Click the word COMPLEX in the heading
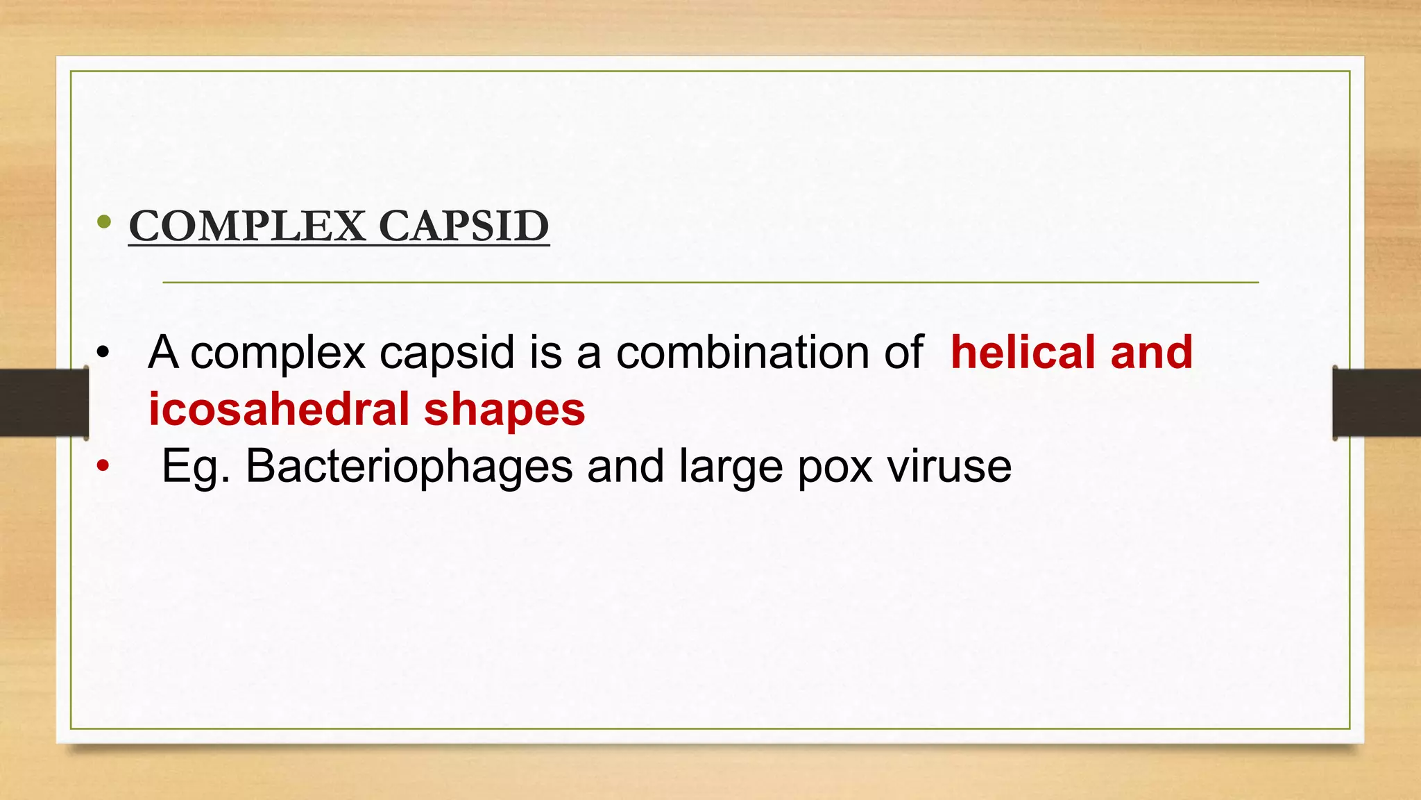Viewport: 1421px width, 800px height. (x=247, y=226)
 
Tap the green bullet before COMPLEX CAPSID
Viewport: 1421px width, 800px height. (x=104, y=222)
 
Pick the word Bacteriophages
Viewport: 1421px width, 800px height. (x=409, y=466)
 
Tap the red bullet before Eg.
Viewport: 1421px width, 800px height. (x=103, y=466)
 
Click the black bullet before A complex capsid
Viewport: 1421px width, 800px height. (x=103, y=352)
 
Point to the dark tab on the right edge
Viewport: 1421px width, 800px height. (x=1377, y=403)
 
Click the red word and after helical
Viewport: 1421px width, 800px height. (x=1151, y=352)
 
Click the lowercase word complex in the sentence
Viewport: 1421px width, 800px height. (x=278, y=353)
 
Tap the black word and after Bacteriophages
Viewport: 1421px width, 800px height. (x=625, y=466)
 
